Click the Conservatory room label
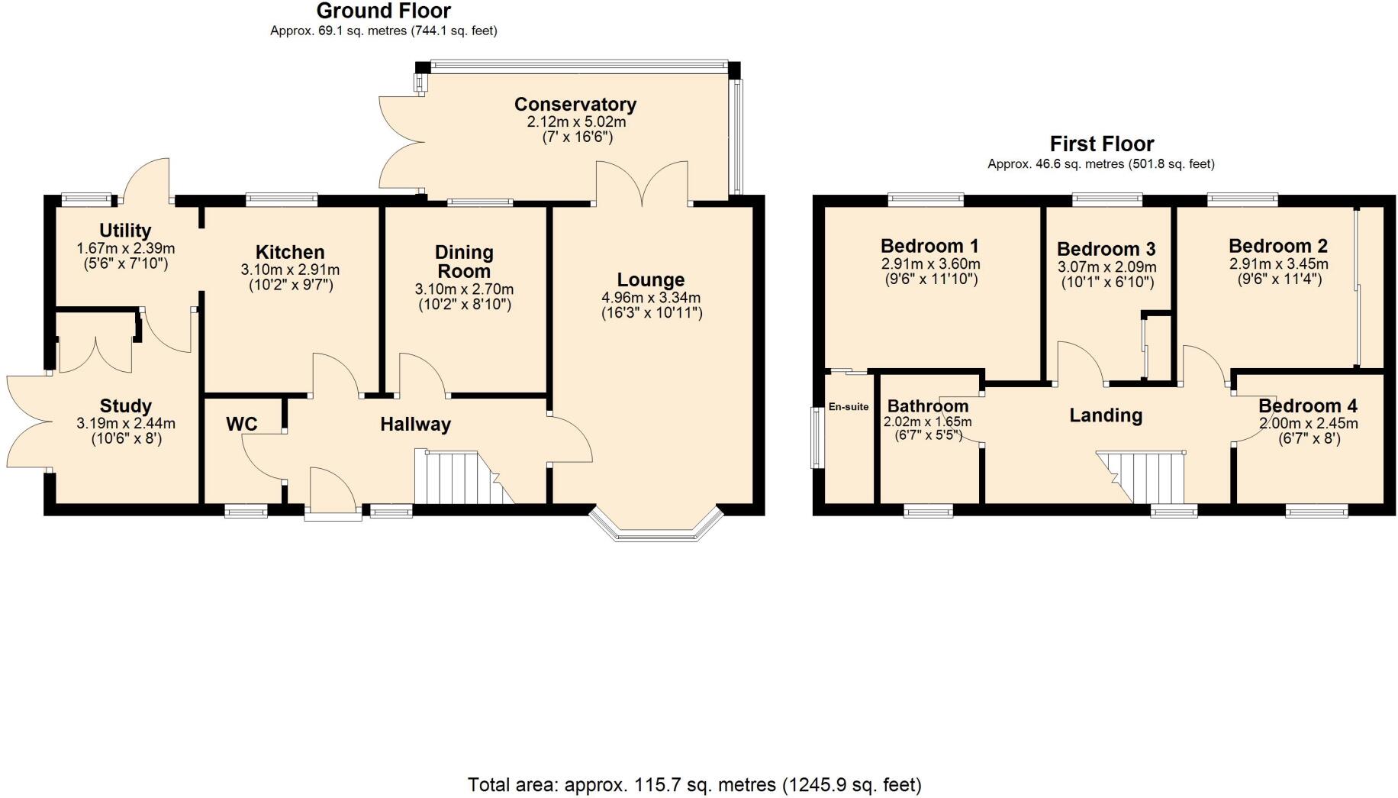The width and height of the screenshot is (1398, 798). tap(575, 104)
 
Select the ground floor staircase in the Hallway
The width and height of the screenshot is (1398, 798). tap(458, 477)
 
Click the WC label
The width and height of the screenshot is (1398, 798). tap(241, 425)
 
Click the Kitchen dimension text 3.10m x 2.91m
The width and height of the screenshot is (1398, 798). tap(290, 270)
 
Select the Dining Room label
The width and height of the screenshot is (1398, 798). tap(464, 261)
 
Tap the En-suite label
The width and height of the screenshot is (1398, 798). tap(848, 407)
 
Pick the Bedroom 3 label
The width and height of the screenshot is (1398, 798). tap(1106, 249)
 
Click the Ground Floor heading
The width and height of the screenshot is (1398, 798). tap(383, 11)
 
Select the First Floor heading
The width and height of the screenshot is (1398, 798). tap(1101, 144)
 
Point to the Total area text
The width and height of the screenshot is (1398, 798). tap(694, 784)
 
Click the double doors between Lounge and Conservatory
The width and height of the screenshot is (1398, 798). tap(643, 183)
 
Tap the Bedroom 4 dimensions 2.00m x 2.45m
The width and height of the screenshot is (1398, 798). tap(1307, 423)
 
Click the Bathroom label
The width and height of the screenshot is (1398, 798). tap(927, 406)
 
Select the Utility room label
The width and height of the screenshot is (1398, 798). tap(125, 231)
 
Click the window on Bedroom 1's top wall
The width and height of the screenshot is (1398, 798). tap(926, 200)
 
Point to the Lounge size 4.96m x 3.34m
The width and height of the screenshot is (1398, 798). tap(651, 298)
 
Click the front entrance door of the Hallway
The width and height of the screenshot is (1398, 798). tap(333, 493)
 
